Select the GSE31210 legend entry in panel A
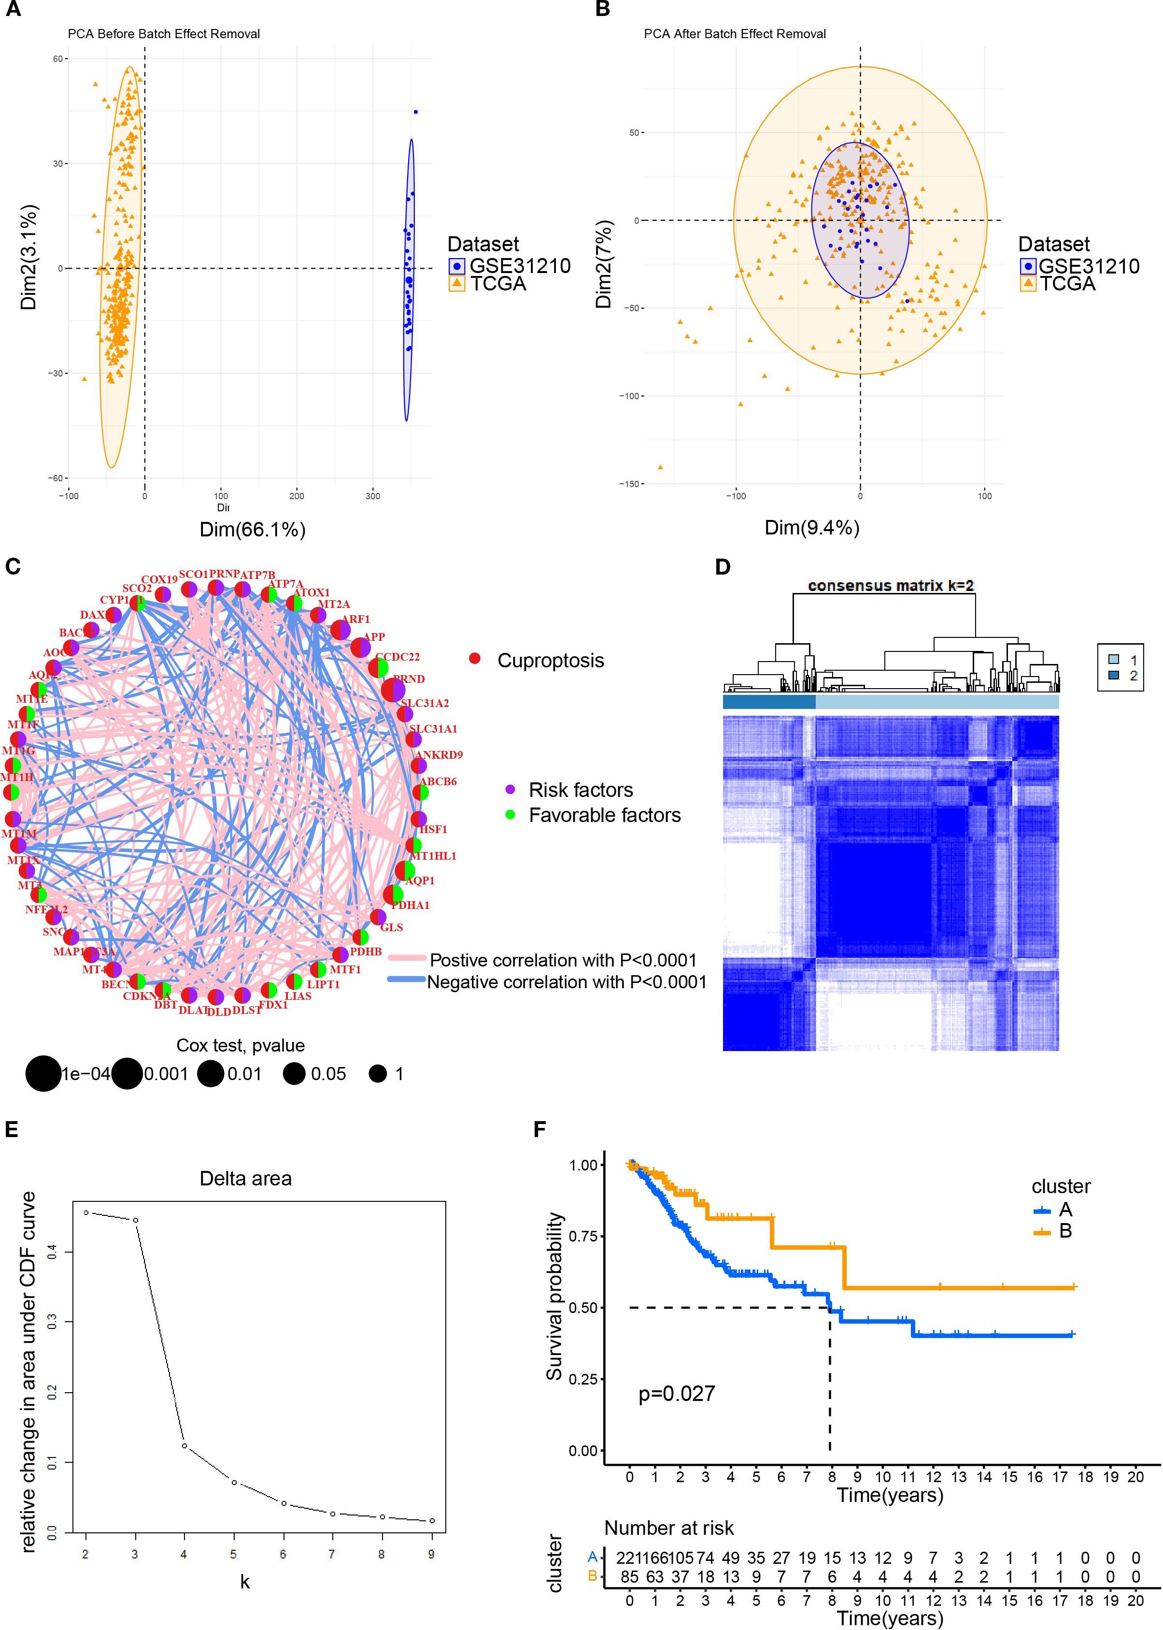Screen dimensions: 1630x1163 point(509,266)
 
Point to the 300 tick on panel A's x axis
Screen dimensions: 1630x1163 point(372,496)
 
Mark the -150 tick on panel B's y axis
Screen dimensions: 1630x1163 point(631,484)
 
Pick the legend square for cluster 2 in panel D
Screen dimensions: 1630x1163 point(1114,676)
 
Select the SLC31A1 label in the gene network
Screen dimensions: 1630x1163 point(433,729)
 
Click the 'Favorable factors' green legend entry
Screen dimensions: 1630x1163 point(604,815)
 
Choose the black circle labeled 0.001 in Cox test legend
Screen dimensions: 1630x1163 point(127,1074)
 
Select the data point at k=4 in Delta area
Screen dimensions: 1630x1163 point(184,1426)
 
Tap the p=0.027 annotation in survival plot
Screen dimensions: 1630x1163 point(676,1394)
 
